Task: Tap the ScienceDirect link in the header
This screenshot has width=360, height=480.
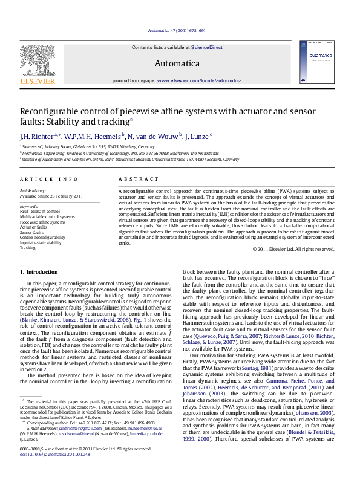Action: point(208,47)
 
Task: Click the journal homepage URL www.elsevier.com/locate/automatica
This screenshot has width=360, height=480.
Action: point(191,80)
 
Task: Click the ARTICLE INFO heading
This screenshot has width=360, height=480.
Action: point(49,180)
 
